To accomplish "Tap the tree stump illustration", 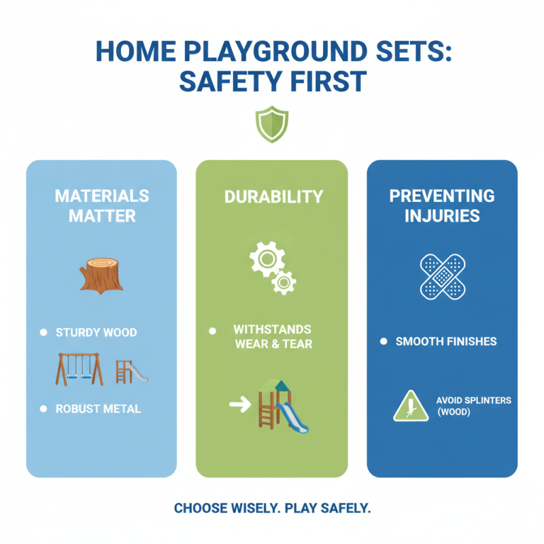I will pos(101,275).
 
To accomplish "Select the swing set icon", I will pos(80,369).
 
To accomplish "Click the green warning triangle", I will pos(411,406).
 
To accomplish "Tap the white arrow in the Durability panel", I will pos(239,405).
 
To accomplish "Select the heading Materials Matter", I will pos(101,206).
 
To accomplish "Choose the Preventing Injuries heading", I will pos(441,206).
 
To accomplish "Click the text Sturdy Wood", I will pos(97,333).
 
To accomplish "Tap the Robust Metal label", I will pos(99,409).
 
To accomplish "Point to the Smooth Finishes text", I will pos(446,341).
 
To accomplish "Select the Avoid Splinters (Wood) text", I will pos(473,406).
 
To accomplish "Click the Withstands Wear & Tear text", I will pos(273,336).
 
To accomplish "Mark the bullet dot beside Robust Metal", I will pos(43,409).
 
